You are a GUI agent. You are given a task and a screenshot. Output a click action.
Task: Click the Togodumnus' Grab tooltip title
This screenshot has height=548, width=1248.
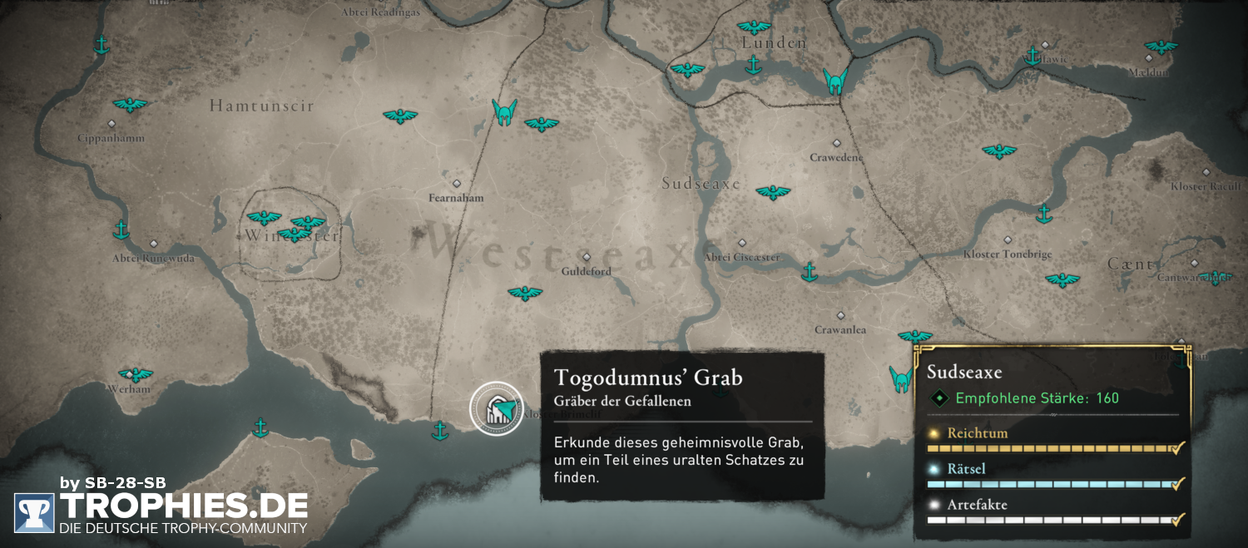pos(648,378)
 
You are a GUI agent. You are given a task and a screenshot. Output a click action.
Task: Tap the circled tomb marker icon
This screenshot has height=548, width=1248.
pos(497,408)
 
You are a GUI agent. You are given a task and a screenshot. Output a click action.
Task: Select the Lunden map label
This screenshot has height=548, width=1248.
pos(774,43)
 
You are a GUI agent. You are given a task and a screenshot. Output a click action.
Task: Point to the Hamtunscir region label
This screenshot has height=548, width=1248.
pos(261,106)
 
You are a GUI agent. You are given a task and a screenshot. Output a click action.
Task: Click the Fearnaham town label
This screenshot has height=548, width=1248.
pos(456,198)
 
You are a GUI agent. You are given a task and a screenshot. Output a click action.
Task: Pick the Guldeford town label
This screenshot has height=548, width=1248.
pos(586,271)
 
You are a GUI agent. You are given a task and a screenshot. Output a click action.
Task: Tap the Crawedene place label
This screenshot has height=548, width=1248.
pos(836,157)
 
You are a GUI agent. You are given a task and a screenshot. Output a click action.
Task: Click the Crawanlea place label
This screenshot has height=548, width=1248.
pos(840,329)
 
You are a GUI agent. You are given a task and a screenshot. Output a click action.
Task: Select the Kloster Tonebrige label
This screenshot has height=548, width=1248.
pos(1007,254)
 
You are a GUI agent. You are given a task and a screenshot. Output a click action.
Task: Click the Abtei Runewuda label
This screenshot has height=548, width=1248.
pos(153,259)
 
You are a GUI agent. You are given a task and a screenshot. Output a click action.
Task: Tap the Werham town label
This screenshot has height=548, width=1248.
pos(129,388)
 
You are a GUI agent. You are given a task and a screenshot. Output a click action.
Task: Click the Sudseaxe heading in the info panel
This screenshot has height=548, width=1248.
pos(964,372)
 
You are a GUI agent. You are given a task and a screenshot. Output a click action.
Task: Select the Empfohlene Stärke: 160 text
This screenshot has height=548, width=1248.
pos(1037,398)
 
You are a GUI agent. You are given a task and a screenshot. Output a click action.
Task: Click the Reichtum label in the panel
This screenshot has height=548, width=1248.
pos(977,433)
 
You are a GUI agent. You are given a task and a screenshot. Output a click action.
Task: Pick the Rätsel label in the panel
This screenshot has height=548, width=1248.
pos(966,469)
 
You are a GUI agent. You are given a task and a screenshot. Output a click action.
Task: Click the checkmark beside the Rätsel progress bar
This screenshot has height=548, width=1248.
pos(1177,484)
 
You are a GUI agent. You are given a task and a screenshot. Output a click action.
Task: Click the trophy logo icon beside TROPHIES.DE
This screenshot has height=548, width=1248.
pos(34,513)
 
